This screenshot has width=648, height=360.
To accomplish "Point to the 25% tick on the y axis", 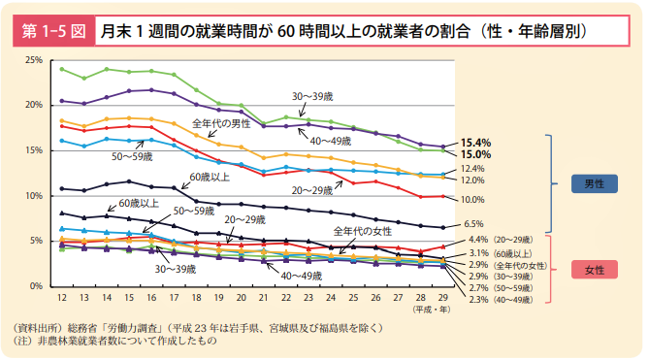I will click(x=33, y=60).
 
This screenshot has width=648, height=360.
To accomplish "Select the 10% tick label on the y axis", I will click(x=33, y=196).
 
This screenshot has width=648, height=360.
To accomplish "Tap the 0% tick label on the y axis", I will click(x=36, y=286).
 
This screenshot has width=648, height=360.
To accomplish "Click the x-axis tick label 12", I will click(x=61, y=298).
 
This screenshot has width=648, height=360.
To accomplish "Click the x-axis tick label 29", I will click(x=443, y=298).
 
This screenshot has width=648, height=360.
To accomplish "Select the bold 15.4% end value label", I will click(x=475, y=142).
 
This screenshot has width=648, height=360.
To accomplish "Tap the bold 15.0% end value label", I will click(x=475, y=154).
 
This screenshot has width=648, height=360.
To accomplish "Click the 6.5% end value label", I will click(x=472, y=224).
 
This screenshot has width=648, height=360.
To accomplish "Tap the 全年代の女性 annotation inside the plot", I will click(x=362, y=231).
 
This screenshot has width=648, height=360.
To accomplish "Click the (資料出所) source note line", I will click(x=194, y=327).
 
